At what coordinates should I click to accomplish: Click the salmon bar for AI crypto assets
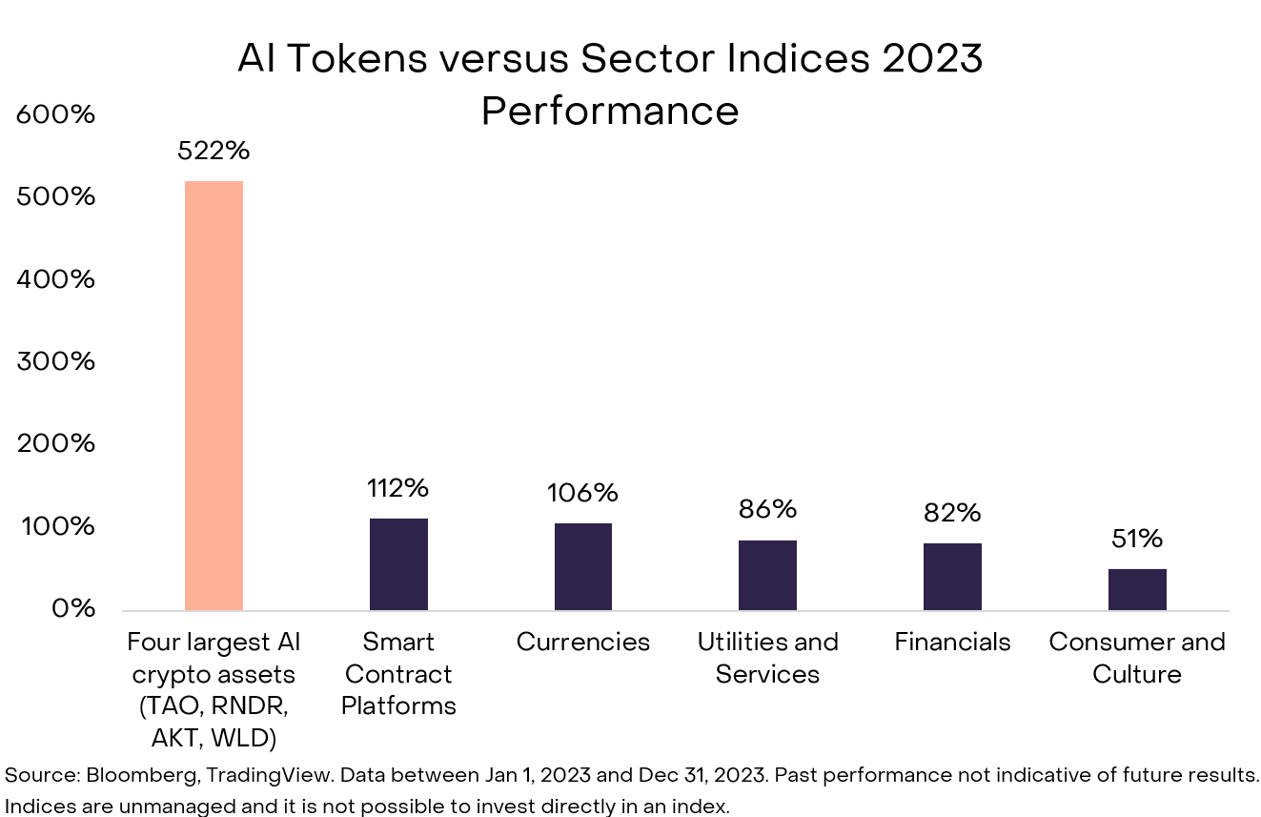coord(214,395)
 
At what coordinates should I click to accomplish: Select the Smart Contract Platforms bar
coord(398,564)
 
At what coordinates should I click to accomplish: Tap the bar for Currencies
coord(583,566)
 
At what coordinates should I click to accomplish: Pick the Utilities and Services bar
coord(767,575)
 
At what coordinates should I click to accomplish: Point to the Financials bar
coord(952,577)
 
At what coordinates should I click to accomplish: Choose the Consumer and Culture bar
coord(1137,589)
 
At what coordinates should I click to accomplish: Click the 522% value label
coord(214,151)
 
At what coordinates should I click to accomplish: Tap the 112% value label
coord(398,488)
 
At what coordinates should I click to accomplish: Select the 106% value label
coord(582,493)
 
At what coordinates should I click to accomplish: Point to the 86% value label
coord(767,509)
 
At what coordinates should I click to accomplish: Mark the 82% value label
coord(952,513)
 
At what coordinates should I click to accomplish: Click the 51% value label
coord(1137,539)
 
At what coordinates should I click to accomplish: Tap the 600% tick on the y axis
coord(56,114)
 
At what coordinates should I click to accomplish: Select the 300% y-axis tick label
coord(56,361)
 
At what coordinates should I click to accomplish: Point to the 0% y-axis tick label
coord(71,608)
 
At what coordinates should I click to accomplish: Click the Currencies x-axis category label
coord(583,643)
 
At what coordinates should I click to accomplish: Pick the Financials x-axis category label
coord(952,643)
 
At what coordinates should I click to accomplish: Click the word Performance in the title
coord(610,112)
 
